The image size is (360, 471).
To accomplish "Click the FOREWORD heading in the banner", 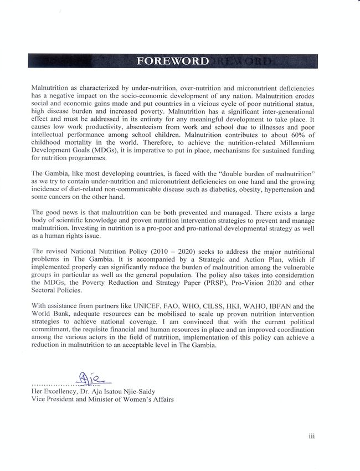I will (173, 61).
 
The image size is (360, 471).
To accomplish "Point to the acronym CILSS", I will (218, 305).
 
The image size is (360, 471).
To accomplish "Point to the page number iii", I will (312, 436).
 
